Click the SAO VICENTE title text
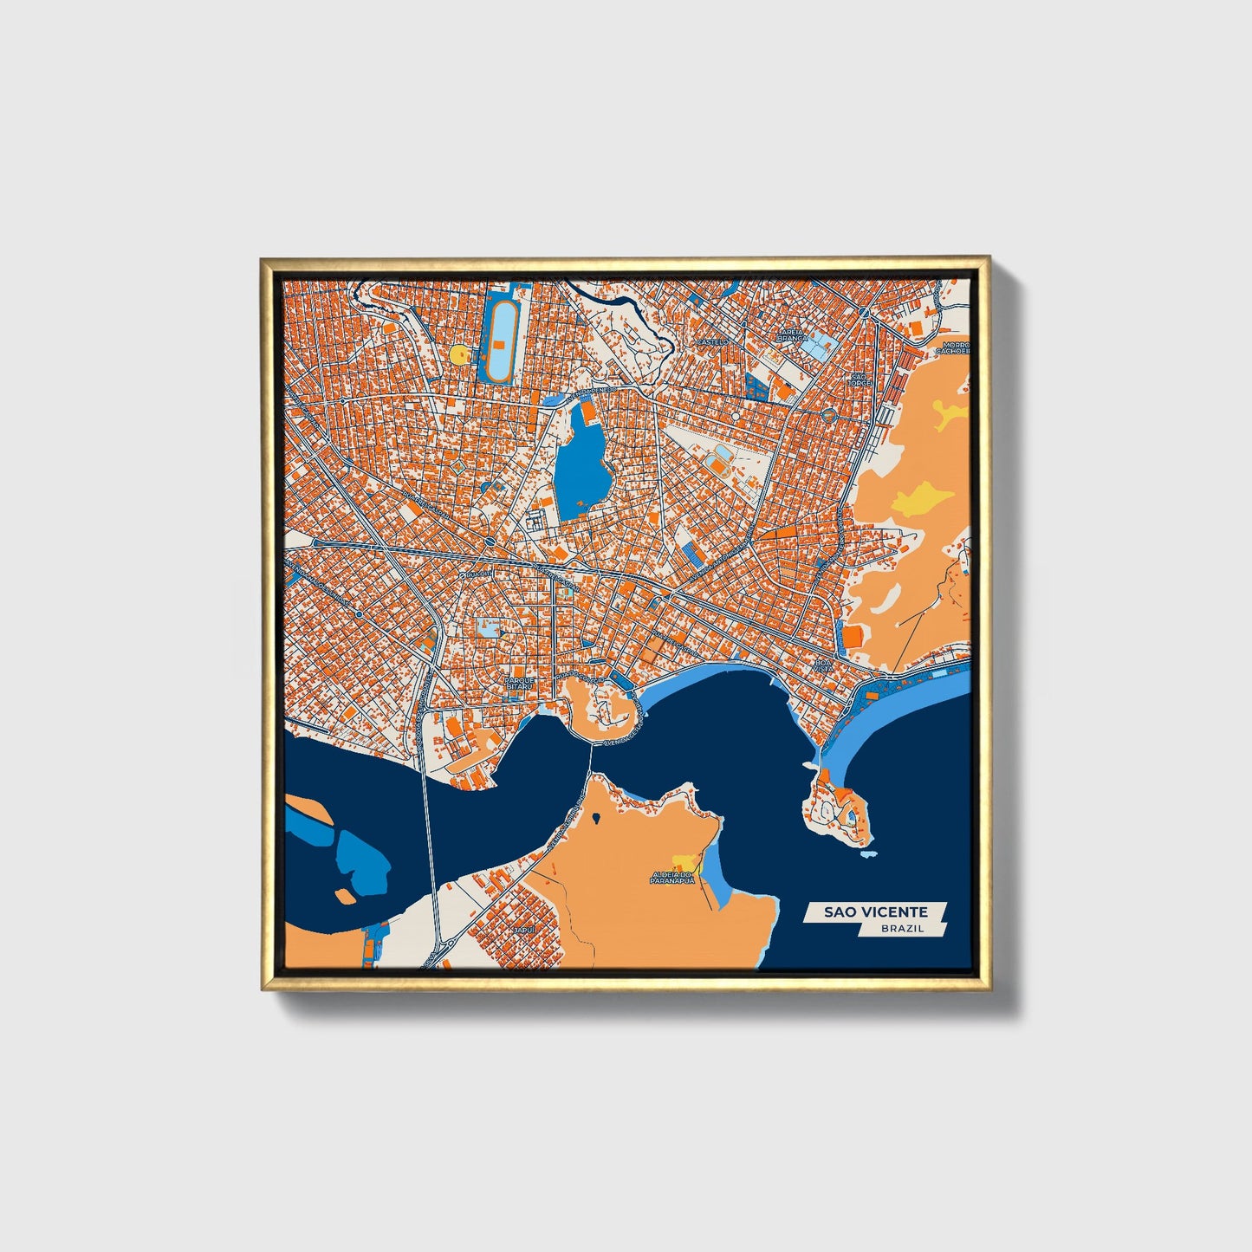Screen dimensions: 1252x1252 (x=875, y=911)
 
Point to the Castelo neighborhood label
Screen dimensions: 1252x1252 (x=713, y=342)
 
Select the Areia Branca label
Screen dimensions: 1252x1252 (x=792, y=334)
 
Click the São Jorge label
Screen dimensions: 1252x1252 (x=860, y=379)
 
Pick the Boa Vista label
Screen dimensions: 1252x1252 (x=822, y=666)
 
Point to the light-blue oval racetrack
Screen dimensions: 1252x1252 (x=501, y=336)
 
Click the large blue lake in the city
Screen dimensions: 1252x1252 (x=579, y=464)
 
